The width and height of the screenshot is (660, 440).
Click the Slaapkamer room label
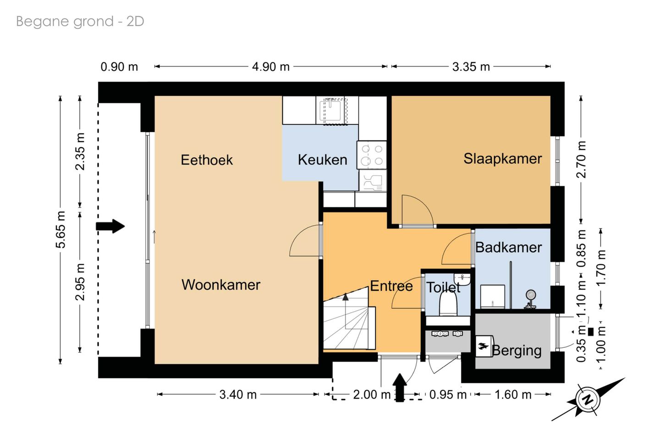point(503,159)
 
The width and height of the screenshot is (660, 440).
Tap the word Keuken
point(322,160)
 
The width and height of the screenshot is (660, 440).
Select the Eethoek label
point(207,160)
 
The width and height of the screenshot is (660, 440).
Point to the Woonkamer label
point(221,285)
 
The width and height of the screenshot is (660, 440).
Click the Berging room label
point(517,351)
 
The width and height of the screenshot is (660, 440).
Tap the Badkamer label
point(509,247)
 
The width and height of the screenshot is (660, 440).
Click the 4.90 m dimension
point(271,67)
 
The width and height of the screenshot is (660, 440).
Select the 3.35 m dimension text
point(471,67)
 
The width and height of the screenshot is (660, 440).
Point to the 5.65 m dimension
point(60,230)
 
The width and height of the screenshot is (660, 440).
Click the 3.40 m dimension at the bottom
point(238,395)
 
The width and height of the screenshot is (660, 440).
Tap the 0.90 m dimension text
point(119,67)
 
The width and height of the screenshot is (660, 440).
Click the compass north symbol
point(588,400)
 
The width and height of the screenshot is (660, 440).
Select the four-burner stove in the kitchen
point(372,155)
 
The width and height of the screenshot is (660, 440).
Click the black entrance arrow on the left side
point(110,227)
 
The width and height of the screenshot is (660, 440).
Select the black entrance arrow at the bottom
point(400,388)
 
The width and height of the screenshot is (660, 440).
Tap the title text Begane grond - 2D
point(80,22)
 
